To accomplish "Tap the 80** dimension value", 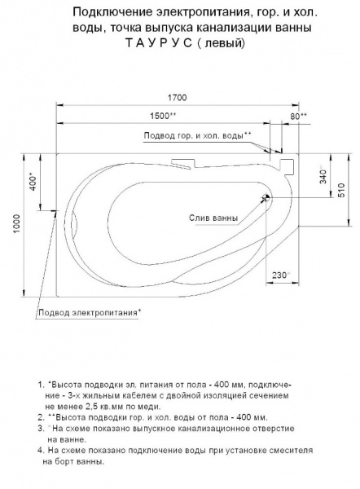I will tap(298, 116).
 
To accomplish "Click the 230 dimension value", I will tap(282, 275).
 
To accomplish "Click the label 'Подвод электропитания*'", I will tap(88, 312).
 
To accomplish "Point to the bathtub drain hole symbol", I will tap(262, 198).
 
